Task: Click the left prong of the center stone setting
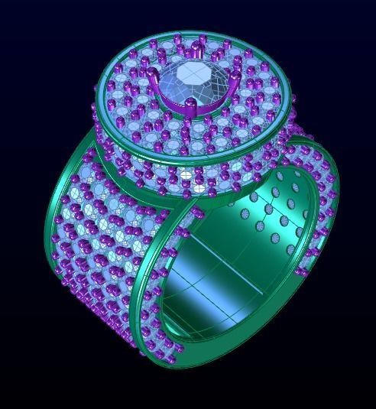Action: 155,83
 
